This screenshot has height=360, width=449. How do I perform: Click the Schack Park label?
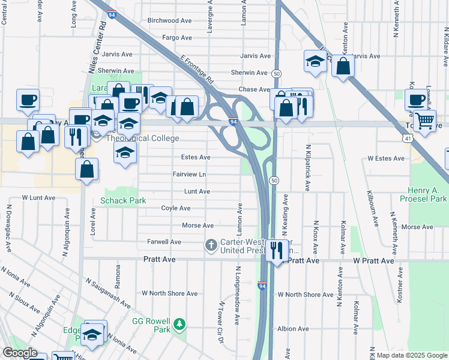point(123,200)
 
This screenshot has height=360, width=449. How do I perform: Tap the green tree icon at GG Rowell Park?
point(179,325)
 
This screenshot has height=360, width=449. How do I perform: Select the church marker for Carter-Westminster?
point(211,244)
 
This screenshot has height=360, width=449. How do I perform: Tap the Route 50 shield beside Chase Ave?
point(276,73)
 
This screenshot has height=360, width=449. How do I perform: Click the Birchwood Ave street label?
point(169,20)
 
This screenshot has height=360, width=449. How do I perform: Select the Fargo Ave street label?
point(176,38)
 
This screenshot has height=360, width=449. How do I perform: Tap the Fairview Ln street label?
point(189,175)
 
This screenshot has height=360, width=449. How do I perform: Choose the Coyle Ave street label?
point(175,208)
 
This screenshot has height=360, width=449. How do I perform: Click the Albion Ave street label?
point(293,329)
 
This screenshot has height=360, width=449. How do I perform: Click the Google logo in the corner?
point(19,353)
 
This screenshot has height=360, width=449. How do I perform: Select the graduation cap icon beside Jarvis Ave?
point(315,61)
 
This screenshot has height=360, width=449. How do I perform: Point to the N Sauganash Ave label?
point(107,293)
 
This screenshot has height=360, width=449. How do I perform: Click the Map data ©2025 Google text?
point(412,355)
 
